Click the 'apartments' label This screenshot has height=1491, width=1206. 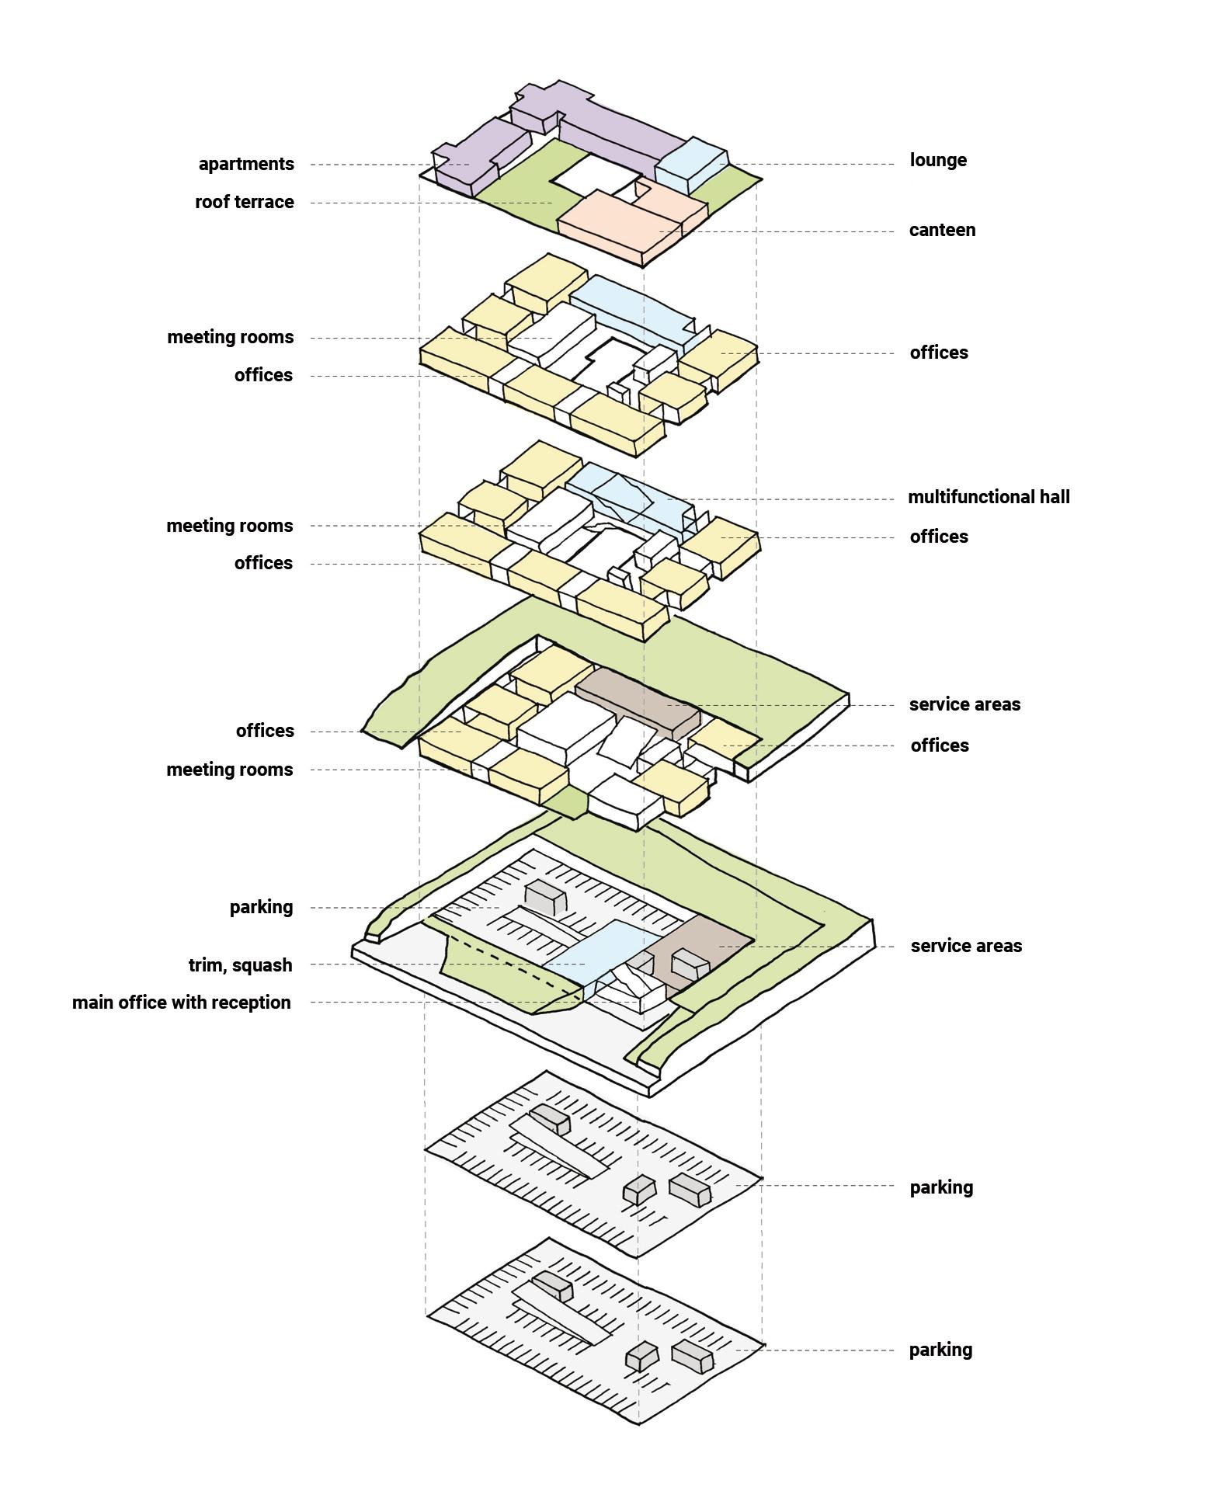click(246, 164)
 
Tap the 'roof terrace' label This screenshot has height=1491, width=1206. click(244, 202)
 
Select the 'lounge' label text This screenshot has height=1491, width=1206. click(938, 160)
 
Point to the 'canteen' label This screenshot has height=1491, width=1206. click(942, 230)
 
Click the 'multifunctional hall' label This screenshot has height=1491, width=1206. click(989, 497)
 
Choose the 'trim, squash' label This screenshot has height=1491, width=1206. click(240, 965)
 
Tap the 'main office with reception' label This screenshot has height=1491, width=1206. click(181, 1003)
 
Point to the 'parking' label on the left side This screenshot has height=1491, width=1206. click(261, 907)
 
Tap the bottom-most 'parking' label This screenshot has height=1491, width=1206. click(940, 1350)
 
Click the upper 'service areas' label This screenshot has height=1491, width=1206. click(964, 704)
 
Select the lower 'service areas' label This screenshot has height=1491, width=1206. click(966, 946)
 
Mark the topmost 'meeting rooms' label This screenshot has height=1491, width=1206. click(230, 337)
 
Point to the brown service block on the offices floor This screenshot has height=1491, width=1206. click(637, 699)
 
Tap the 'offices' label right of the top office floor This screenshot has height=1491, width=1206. click(939, 353)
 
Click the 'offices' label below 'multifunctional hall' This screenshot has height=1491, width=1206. click(939, 537)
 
